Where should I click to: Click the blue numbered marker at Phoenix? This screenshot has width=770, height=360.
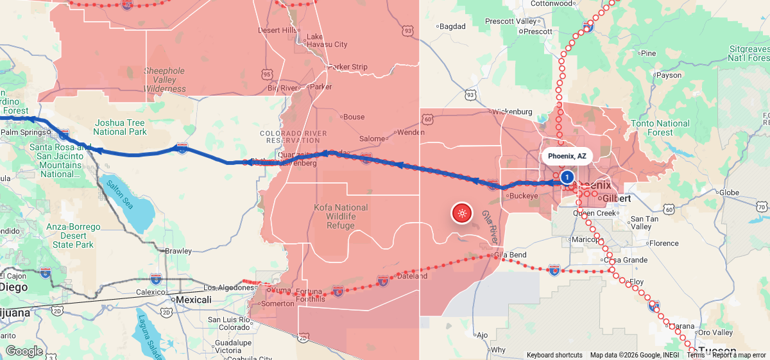(x=567, y=176)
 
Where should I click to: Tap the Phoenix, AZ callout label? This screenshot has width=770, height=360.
(x=567, y=156)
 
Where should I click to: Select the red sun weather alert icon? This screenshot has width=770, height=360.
(x=462, y=213)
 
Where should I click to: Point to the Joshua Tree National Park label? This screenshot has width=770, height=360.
(x=120, y=127)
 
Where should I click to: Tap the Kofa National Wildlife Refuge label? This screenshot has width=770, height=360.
(x=341, y=216)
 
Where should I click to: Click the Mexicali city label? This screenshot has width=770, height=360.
(x=194, y=300)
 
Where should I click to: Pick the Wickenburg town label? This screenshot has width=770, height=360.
(x=513, y=112)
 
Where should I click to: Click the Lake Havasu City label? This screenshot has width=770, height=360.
(x=327, y=40)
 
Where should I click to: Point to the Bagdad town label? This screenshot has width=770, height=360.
(x=453, y=26)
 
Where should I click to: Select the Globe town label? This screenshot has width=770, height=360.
(x=729, y=193)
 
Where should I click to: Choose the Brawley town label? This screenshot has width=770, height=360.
(x=178, y=251)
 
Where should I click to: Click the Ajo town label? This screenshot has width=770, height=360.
(x=483, y=335)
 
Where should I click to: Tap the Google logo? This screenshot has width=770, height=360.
(x=24, y=351)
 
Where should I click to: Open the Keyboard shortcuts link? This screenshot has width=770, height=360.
(x=554, y=355)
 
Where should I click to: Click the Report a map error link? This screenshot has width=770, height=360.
(x=739, y=355)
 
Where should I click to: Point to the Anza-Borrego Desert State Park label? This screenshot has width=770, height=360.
(x=73, y=236)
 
